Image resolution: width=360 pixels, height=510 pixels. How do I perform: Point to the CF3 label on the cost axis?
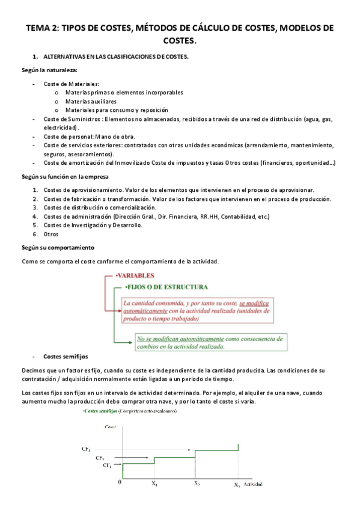tap(87, 449)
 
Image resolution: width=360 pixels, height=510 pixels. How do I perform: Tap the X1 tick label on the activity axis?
tap(154, 484)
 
